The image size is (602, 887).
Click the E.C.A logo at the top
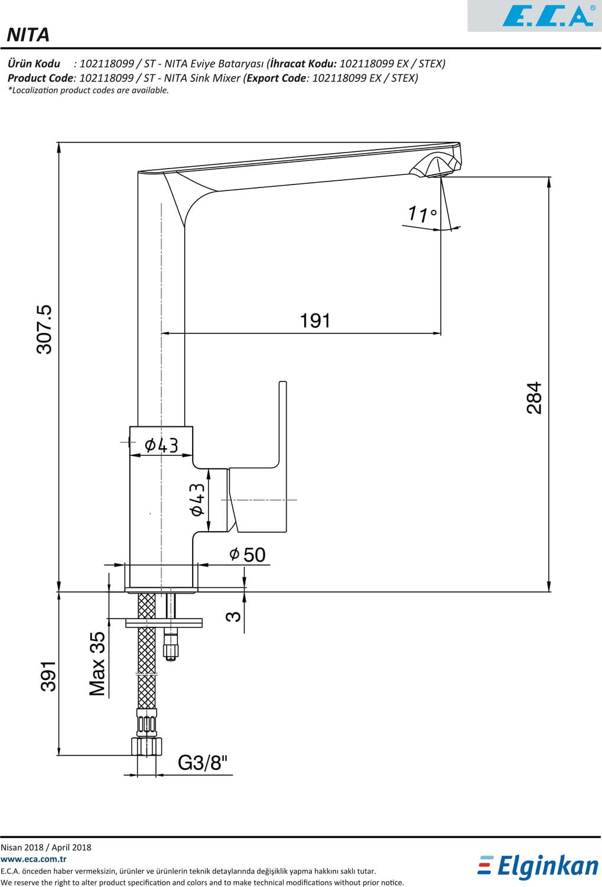(x=547, y=15)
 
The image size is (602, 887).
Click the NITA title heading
(x=28, y=35)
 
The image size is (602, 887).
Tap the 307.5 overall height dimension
(x=45, y=329)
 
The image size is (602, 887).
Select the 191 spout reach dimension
(x=315, y=321)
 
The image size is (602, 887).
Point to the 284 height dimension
(x=534, y=397)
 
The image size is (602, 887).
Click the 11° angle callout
(x=422, y=213)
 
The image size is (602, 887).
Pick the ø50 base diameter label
(x=248, y=555)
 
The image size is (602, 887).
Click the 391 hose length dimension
(x=48, y=676)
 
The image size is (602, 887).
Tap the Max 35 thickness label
(x=97, y=663)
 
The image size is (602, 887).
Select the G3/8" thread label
(x=203, y=763)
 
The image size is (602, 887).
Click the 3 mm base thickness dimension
(x=233, y=616)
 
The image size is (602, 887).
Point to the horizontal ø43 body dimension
(x=161, y=445)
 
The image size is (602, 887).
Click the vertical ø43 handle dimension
(x=197, y=500)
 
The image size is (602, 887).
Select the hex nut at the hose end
(x=147, y=746)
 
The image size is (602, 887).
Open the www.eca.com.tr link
(x=34, y=859)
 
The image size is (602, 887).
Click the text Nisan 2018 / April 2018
(x=46, y=847)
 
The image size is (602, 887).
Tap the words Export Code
(x=276, y=78)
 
